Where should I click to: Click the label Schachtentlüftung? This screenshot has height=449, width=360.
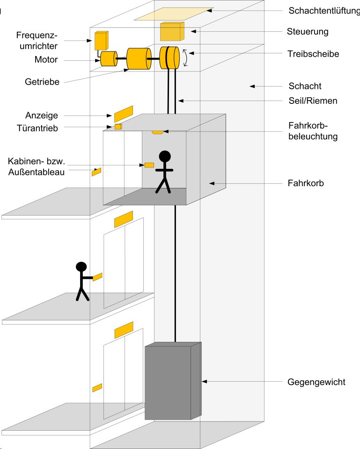coord(323,10)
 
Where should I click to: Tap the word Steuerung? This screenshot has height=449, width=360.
coord(308,32)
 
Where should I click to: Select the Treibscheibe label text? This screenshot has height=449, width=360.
coord(313,54)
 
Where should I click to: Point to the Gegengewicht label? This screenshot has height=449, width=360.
coord(316,382)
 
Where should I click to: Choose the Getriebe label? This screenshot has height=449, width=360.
coord(42,82)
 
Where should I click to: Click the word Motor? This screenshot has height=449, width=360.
coord(46,60)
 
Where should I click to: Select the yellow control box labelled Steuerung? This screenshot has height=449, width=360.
coord(172,32)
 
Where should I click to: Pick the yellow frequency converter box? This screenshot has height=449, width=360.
coord(101,41)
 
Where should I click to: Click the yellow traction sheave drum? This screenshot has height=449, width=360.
coord(170,58)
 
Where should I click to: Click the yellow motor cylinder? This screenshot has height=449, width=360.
coord(109,59)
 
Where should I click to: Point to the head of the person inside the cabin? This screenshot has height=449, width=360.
coord(165,156)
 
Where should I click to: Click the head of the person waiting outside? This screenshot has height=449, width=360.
coord(81,267)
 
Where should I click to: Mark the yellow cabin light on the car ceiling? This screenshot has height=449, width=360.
coord(157,132)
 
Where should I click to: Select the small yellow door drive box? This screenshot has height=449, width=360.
coord(118,126)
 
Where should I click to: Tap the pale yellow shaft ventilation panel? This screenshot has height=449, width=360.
coord(173,14)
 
